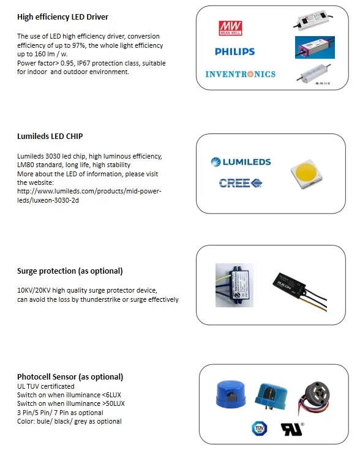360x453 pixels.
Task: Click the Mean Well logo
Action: [x=230, y=28]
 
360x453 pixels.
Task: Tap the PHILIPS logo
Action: [x=234, y=52]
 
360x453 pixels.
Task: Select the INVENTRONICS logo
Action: [x=240, y=74]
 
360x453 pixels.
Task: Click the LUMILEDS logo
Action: [x=241, y=162]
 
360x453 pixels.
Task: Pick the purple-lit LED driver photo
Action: [x=315, y=47]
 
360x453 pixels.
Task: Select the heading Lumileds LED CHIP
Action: [x=50, y=136]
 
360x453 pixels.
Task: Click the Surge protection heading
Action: [x=70, y=271]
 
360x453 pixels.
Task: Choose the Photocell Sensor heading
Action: [x=70, y=376]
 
